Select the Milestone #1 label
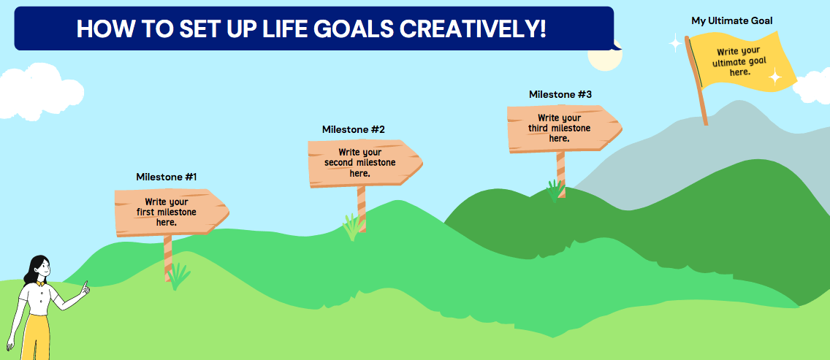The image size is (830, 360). (167, 177)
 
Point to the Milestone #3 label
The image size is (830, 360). (560, 94)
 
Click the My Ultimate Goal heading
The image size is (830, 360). (731, 20)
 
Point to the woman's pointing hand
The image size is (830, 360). (85, 289)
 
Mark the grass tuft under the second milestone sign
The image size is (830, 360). (353, 227)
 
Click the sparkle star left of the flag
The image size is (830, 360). (675, 44)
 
